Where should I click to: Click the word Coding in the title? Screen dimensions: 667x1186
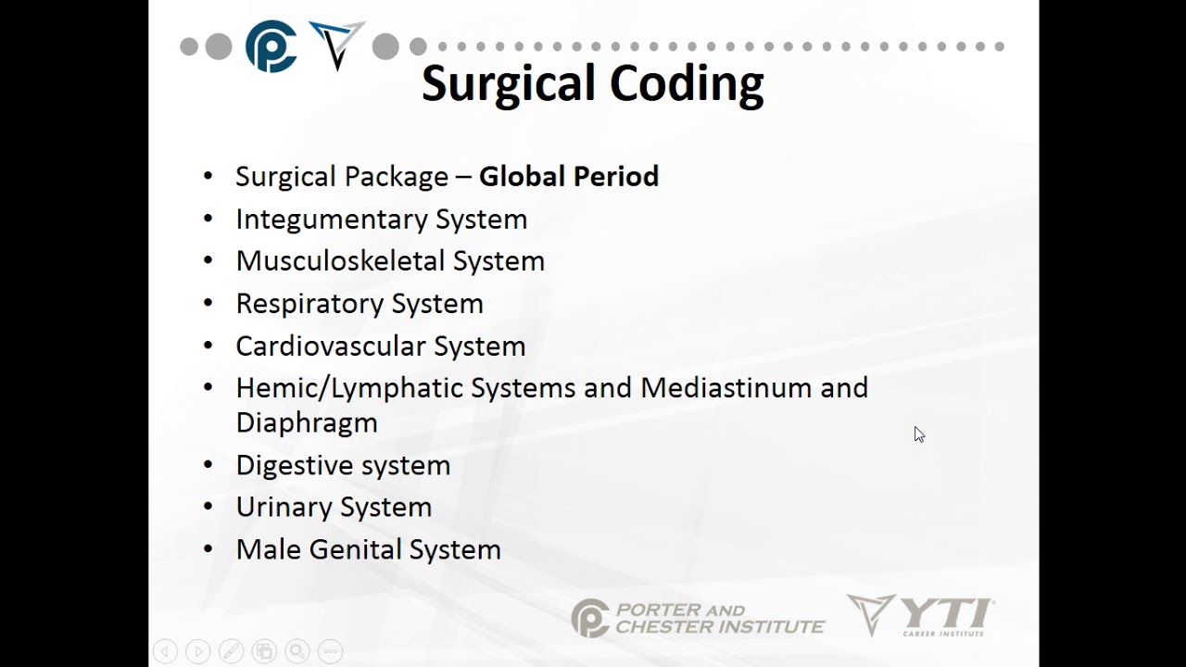click(682, 84)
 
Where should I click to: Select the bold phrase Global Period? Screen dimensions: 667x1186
click(568, 176)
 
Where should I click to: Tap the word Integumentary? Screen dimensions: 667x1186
click(331, 220)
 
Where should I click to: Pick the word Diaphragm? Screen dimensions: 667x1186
click(306, 422)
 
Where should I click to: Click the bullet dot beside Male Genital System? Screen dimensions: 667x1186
click(208, 548)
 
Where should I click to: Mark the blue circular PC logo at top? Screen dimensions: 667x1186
click(271, 46)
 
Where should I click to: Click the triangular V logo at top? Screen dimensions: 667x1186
click(336, 44)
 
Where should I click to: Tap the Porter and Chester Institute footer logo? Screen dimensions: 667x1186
click(697, 618)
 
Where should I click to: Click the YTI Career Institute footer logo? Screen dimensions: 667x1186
click(919, 615)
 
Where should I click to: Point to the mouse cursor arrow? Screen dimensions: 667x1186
click(918, 434)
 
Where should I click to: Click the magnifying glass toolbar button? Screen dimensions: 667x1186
click(296, 651)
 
